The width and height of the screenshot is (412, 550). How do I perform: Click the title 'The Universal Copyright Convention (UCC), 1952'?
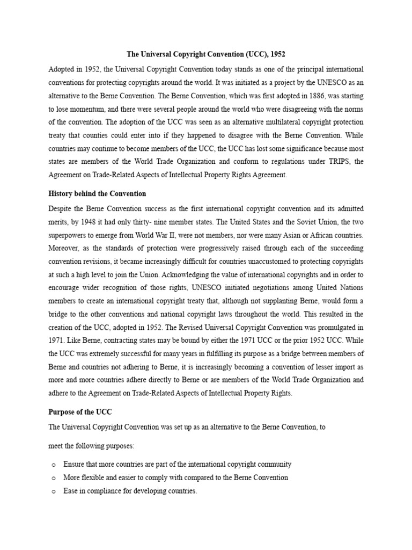click(206, 54)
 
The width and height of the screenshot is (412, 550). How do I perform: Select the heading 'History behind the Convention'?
click(97, 193)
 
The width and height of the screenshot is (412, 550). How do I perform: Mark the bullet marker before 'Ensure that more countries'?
click(53, 464)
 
